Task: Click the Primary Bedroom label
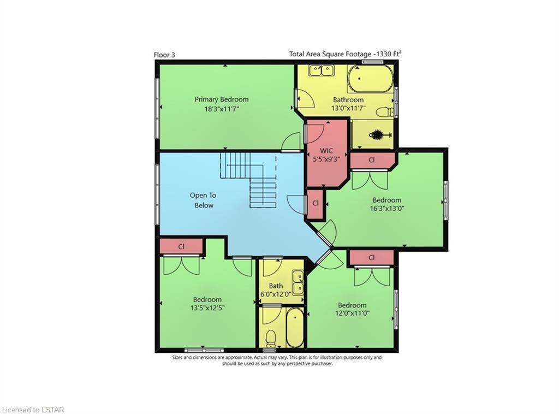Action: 222,99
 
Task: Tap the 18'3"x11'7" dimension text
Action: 221,108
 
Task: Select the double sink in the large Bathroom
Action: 321,70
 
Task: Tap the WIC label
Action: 326,151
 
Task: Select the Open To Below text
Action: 204,200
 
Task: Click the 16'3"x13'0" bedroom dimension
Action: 387,209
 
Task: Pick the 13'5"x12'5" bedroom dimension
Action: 207,307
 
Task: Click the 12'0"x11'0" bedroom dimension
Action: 352,314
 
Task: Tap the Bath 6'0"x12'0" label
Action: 276,289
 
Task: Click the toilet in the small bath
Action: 271,338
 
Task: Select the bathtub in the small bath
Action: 295,327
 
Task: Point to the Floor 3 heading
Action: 164,55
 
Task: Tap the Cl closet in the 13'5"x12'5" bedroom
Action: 181,246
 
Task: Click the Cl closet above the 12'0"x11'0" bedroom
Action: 372,257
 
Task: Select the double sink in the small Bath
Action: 298,282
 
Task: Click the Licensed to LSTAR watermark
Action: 32,410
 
